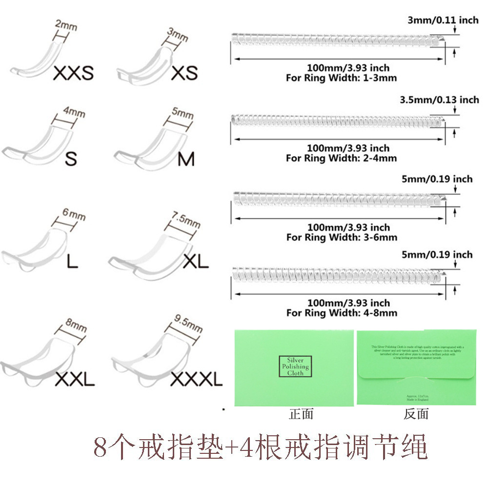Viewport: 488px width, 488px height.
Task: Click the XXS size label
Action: [73, 73]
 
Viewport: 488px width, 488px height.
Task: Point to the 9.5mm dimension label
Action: [187, 323]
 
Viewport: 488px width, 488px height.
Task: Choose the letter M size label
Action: [186, 159]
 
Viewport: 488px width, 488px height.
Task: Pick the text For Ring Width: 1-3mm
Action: [341, 78]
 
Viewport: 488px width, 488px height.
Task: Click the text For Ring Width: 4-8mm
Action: [341, 313]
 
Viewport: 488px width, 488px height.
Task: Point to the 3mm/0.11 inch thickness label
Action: [443, 20]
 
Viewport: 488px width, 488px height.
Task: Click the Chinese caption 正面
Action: [301, 414]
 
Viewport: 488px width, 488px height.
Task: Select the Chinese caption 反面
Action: [416, 414]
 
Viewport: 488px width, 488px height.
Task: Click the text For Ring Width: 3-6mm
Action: [341, 237]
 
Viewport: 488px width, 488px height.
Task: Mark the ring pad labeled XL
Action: [146, 256]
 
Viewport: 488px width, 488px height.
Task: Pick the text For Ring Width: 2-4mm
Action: [341, 158]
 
